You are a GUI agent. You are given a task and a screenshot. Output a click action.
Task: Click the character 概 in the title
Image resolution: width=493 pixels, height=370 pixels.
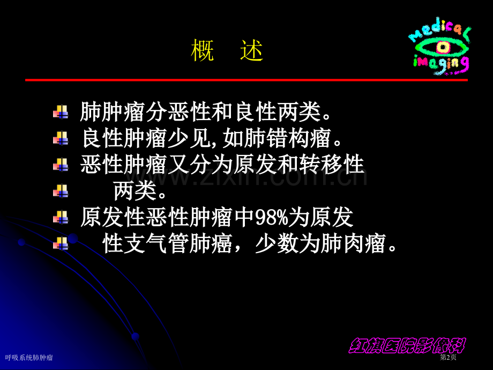tap(202, 51)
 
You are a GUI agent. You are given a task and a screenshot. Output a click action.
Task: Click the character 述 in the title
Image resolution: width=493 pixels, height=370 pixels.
tap(252, 51)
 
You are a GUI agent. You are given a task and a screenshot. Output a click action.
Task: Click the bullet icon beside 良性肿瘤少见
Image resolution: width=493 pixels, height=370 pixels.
tap(60, 138)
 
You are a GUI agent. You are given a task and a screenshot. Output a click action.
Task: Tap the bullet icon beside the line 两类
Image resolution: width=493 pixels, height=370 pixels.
tap(60, 190)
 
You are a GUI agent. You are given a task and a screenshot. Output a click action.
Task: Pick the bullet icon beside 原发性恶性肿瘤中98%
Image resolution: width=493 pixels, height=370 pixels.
tap(60, 217)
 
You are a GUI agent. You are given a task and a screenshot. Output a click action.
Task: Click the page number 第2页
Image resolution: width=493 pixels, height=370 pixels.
tap(448, 358)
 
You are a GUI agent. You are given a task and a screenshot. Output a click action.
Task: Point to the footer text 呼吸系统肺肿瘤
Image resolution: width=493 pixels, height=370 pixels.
tap(29, 358)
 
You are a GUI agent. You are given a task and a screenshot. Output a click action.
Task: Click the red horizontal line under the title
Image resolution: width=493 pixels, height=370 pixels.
tap(246, 80)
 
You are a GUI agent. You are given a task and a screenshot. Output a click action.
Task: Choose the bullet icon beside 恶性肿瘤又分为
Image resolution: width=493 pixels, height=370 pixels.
tap(60, 164)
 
